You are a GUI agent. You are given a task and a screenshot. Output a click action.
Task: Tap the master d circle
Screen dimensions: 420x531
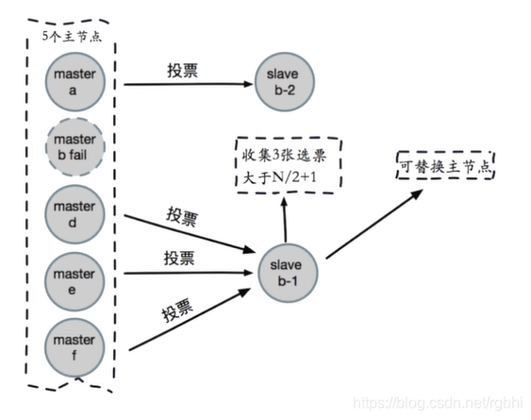[x=75, y=212]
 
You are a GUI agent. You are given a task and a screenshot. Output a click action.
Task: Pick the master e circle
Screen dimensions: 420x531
[x=75, y=275]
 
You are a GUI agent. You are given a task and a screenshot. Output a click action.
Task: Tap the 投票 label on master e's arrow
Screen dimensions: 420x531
[x=181, y=258]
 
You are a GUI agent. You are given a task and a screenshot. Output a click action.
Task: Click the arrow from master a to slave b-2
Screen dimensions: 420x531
[x=184, y=83]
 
